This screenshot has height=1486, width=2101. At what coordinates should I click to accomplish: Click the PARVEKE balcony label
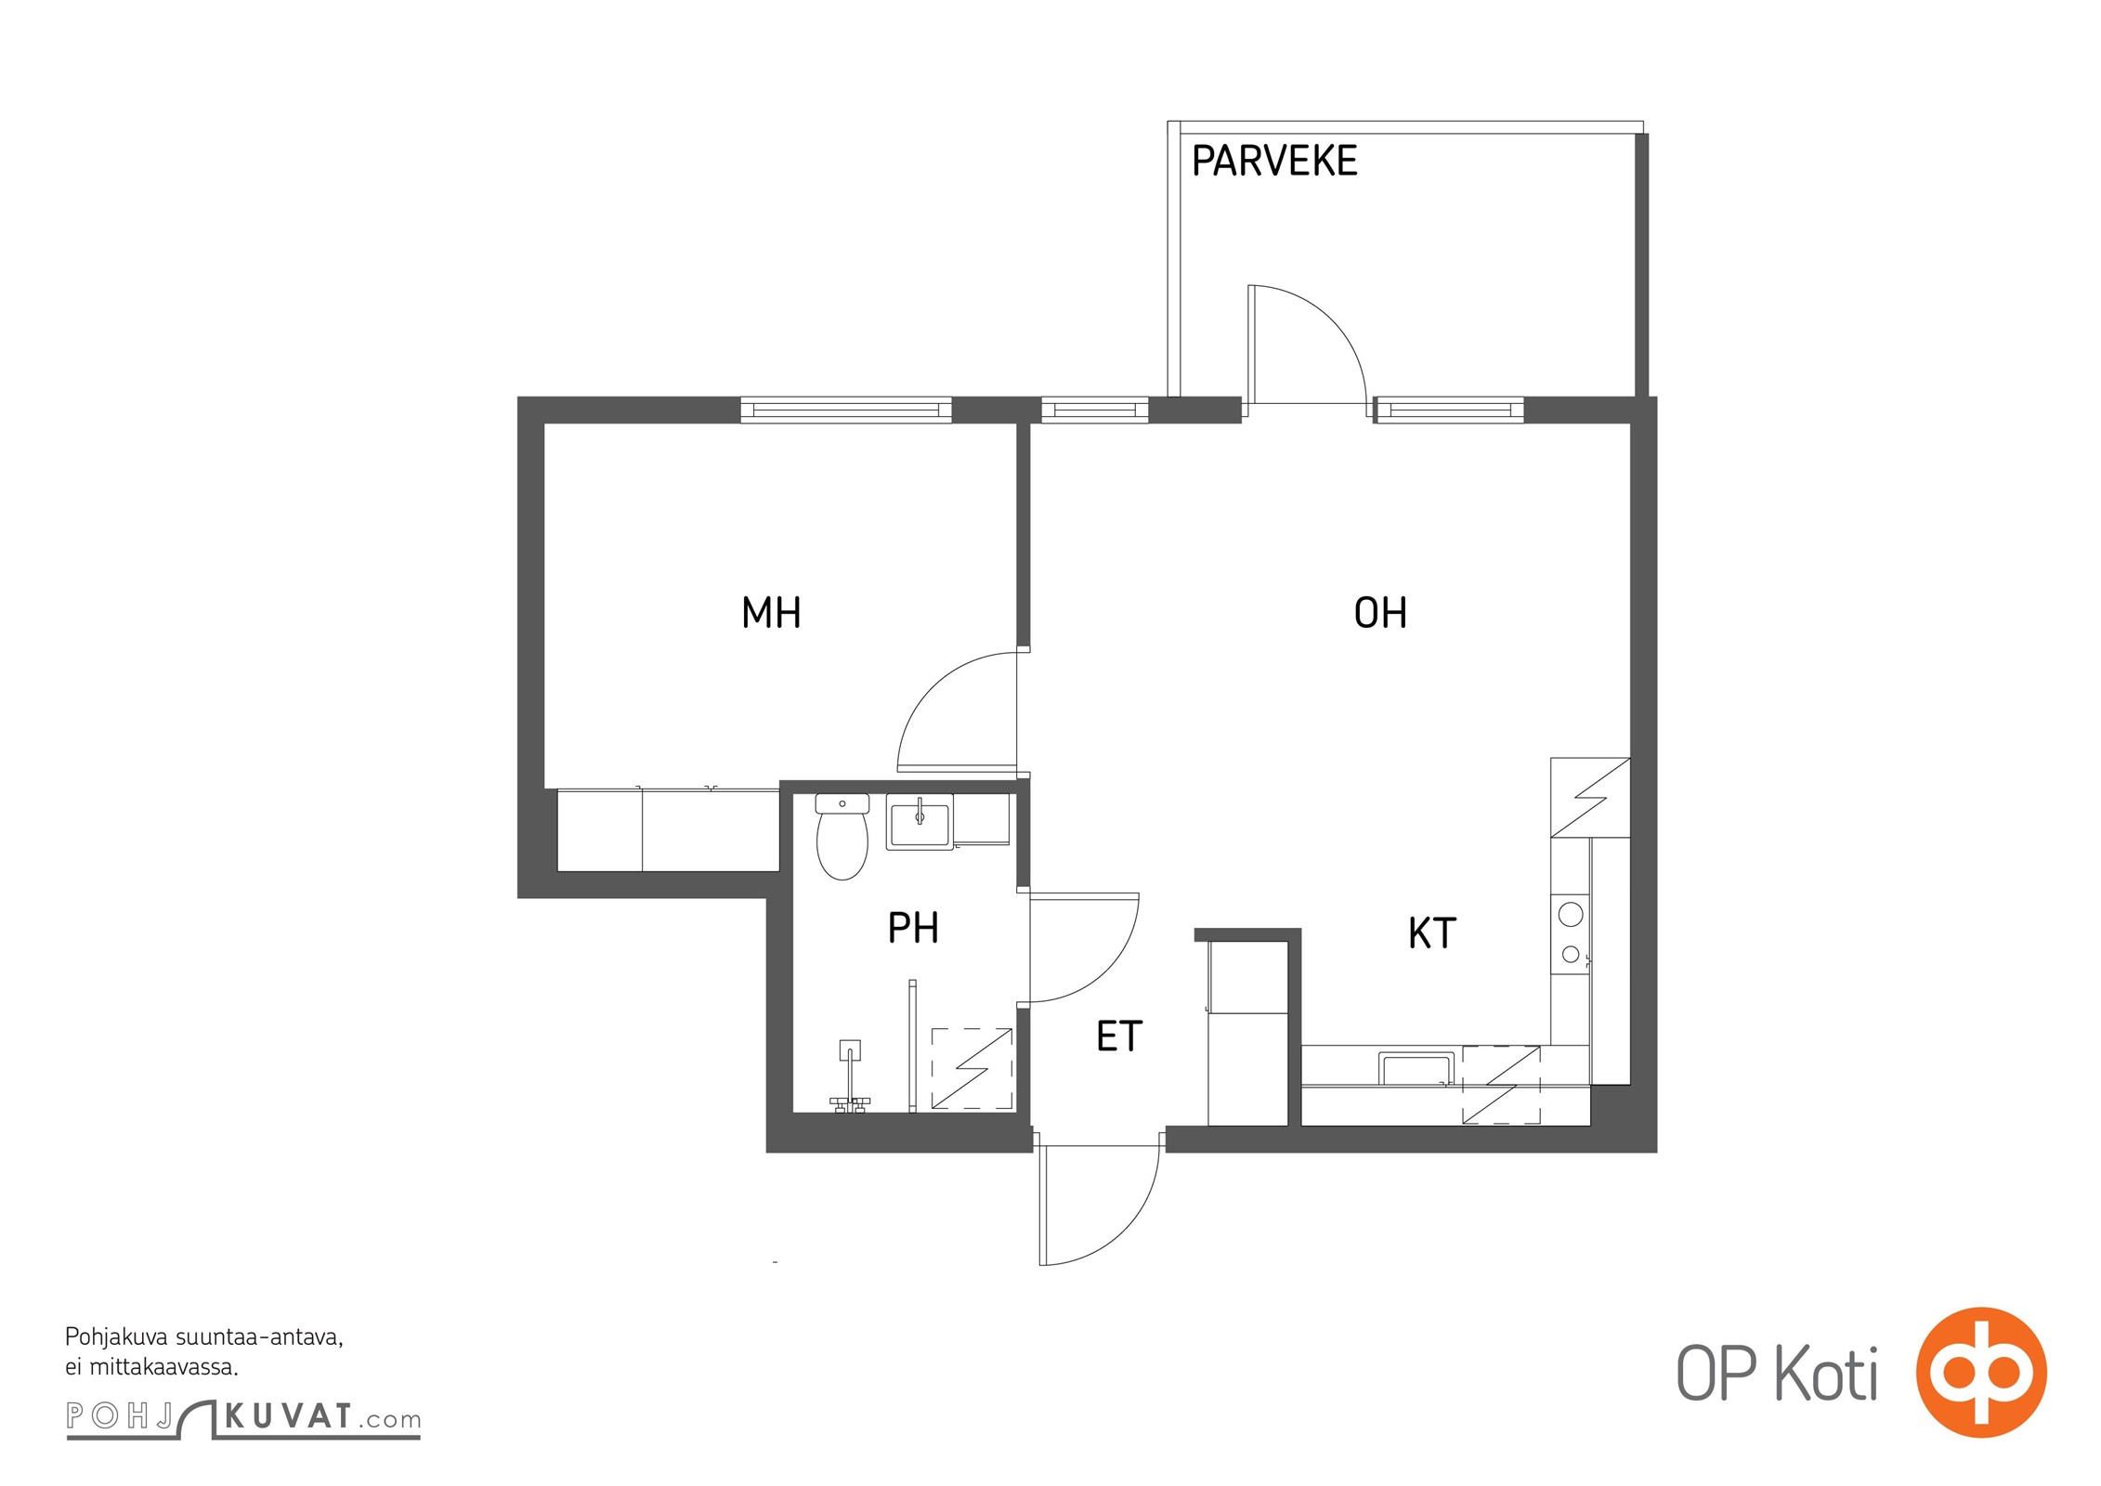pyautogui.click(x=1273, y=161)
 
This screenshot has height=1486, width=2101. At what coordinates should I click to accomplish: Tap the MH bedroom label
pyautogui.click(x=771, y=613)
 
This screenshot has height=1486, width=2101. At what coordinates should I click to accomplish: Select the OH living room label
pyautogui.click(x=1380, y=613)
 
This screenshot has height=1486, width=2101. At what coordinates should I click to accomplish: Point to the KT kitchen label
pyautogui.click(x=1431, y=933)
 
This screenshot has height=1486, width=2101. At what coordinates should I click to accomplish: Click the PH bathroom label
pyautogui.click(x=913, y=928)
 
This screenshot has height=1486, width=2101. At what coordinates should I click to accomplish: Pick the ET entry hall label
pyautogui.click(x=1118, y=1036)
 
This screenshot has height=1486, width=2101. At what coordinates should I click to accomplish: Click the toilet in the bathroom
pyautogui.click(x=842, y=836)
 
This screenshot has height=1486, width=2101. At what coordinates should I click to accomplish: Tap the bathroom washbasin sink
pyautogui.click(x=920, y=822)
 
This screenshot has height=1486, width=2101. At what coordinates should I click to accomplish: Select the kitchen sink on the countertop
pyautogui.click(x=1416, y=1068)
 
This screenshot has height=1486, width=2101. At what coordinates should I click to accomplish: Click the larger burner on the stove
pyautogui.click(x=1571, y=915)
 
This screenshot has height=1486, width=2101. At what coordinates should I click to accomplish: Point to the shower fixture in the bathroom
pyautogui.click(x=850, y=1076)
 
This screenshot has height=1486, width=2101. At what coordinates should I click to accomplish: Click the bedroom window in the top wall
pyautogui.click(x=846, y=410)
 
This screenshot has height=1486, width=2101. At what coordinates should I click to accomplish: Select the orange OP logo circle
pyautogui.click(x=1981, y=1372)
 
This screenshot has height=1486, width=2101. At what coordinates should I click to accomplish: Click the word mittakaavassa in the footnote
pyautogui.click(x=163, y=1367)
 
